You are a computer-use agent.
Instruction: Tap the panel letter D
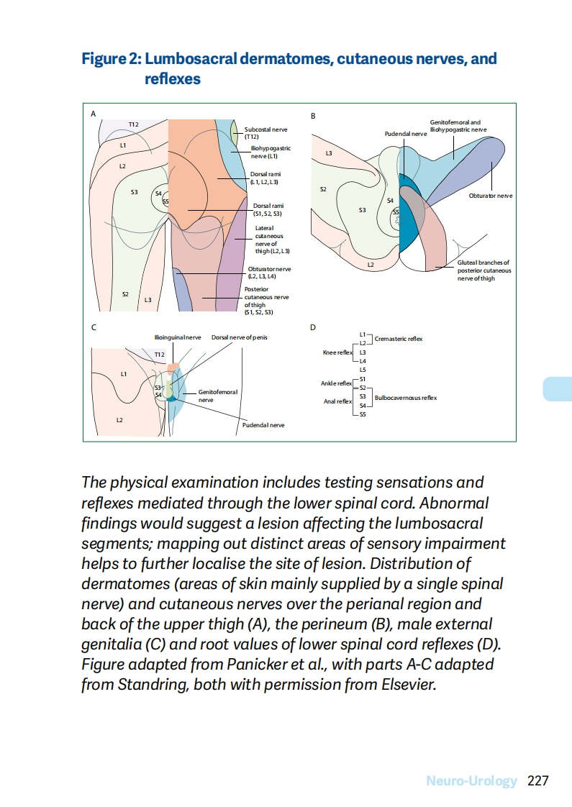click(x=312, y=328)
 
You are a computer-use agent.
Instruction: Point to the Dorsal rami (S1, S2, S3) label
click(x=268, y=209)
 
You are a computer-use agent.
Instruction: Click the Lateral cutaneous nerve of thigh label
click(x=272, y=240)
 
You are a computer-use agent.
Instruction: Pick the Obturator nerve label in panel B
click(x=490, y=196)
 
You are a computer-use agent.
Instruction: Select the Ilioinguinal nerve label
click(x=177, y=337)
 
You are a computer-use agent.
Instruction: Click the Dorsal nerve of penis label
click(x=239, y=337)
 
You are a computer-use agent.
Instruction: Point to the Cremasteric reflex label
click(x=399, y=338)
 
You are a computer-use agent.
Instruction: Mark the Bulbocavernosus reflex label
click(x=405, y=398)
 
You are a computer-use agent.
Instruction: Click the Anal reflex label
click(x=337, y=401)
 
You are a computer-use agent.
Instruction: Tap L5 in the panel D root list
click(x=363, y=370)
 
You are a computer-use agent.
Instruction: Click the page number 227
click(x=539, y=780)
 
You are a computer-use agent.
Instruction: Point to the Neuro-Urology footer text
click(x=471, y=780)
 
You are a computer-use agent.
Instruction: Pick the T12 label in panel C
click(x=159, y=355)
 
